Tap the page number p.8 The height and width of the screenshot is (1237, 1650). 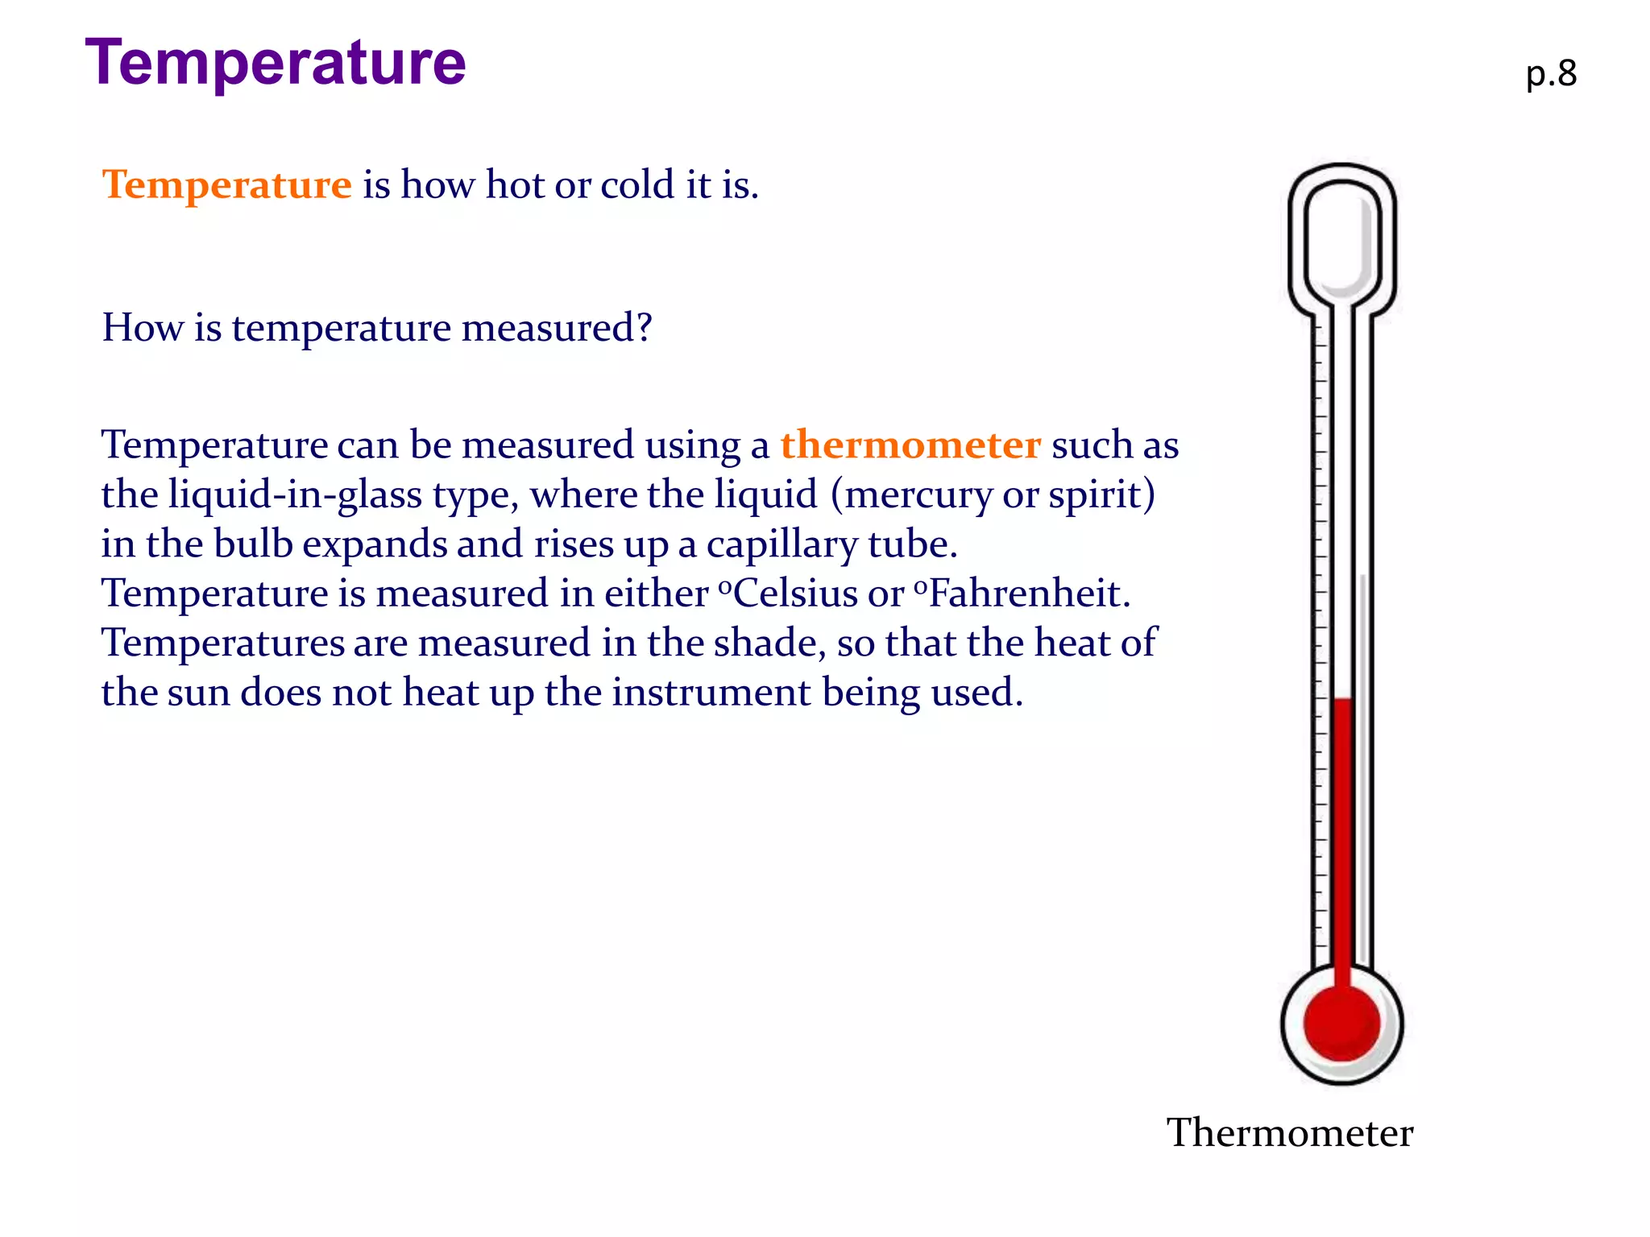(x=1551, y=74)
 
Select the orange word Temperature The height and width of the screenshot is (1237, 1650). (x=227, y=184)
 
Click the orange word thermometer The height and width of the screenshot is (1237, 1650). (x=910, y=445)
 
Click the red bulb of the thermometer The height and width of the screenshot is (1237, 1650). (x=1341, y=1023)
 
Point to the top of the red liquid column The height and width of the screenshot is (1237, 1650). (x=1342, y=701)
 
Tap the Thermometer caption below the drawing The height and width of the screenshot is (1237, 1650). (x=1290, y=1133)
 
